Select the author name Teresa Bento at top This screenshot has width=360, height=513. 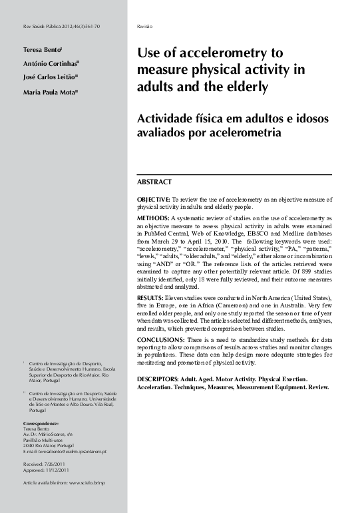point(42,49)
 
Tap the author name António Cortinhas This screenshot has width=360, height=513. point(50,63)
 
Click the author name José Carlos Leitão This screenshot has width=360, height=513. point(50,78)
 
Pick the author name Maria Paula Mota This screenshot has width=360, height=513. point(49,92)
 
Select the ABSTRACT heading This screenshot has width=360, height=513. point(154,182)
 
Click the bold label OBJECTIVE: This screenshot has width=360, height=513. point(153,200)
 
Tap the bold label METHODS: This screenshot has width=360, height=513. point(152,218)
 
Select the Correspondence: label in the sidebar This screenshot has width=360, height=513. point(41,424)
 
